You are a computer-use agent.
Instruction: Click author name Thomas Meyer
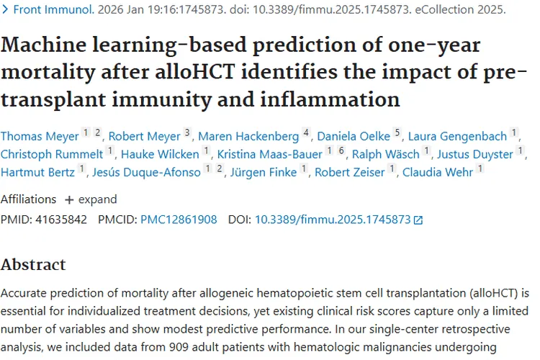pyautogui.click(x=39, y=136)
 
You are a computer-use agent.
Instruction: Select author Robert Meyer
pyautogui.click(x=143, y=136)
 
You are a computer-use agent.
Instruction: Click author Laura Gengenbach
pyautogui.click(x=457, y=136)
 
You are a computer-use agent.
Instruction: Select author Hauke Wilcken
pyautogui.click(x=159, y=154)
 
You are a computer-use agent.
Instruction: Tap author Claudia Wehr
pyautogui.click(x=438, y=172)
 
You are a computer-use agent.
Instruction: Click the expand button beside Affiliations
pyautogui.click(x=90, y=199)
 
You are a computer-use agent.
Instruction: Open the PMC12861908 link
pyautogui.click(x=179, y=220)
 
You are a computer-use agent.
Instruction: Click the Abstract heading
pyautogui.click(x=33, y=264)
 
